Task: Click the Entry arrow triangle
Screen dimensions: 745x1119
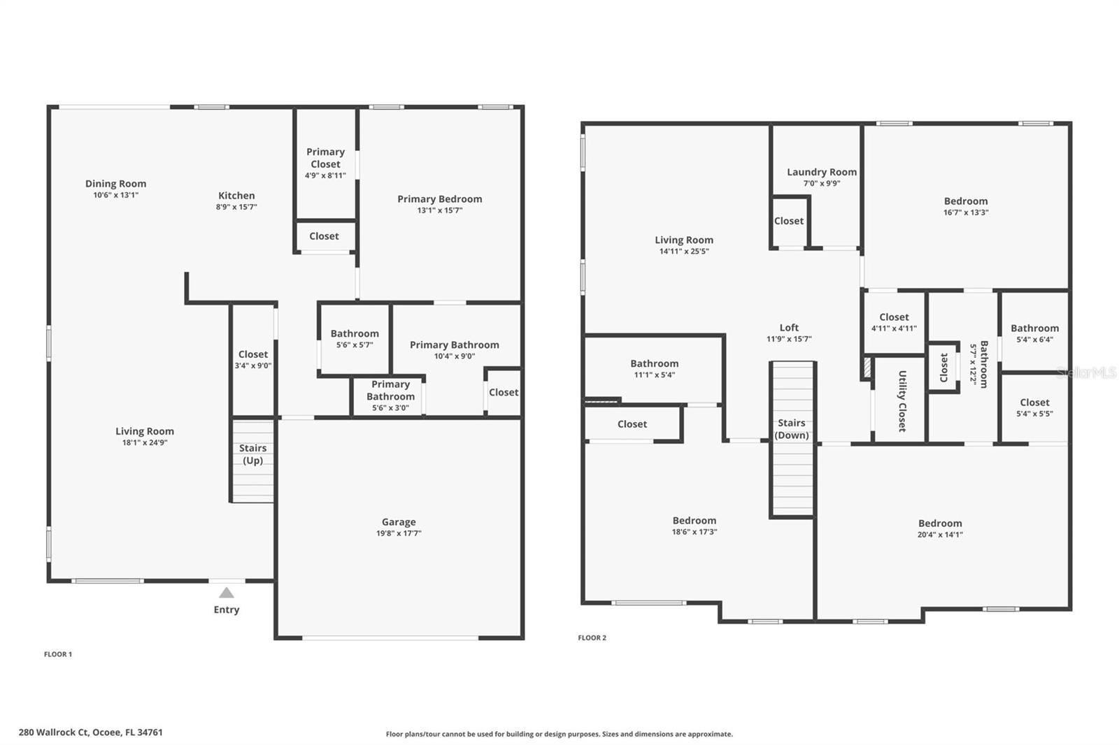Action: coord(226,593)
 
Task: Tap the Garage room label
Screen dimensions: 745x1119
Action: coord(399,522)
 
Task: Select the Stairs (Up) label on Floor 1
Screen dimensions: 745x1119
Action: coord(252,454)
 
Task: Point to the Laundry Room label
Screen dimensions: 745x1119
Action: coord(822,172)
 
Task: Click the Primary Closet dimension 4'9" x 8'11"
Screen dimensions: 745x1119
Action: coord(325,175)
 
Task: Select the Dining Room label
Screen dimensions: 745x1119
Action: coord(116,184)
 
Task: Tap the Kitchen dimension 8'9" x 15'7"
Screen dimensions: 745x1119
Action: coord(236,207)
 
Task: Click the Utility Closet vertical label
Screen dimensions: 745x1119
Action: coord(902,401)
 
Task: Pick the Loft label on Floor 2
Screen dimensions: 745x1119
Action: coord(789,328)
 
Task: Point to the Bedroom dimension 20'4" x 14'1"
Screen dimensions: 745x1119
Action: coord(940,535)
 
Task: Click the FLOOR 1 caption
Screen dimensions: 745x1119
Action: coord(58,654)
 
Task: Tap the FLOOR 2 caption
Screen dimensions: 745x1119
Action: coord(592,637)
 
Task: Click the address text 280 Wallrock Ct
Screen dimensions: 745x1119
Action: coord(91,732)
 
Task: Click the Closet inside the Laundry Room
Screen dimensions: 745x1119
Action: coord(789,221)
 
